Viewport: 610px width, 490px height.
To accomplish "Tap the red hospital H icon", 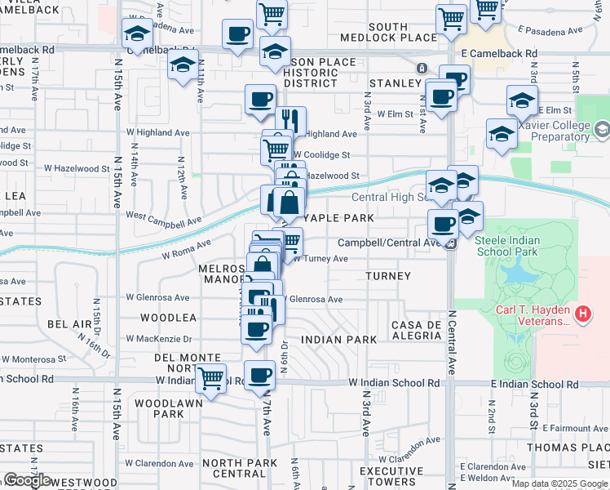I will tap(582, 313).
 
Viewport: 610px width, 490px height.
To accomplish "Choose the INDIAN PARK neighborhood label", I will tap(338, 339).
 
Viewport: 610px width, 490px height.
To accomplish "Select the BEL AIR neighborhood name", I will tap(69, 324).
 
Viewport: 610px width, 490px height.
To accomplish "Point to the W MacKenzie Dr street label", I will tap(159, 339).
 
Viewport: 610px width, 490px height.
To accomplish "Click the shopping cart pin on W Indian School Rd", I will tap(211, 378).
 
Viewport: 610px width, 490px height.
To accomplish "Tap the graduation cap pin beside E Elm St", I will tap(522, 100).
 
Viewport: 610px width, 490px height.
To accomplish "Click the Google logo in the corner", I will tap(27, 480).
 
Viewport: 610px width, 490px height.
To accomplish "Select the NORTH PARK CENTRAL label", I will tap(234, 468).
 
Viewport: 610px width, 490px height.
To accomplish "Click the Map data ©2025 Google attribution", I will tap(559, 483).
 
